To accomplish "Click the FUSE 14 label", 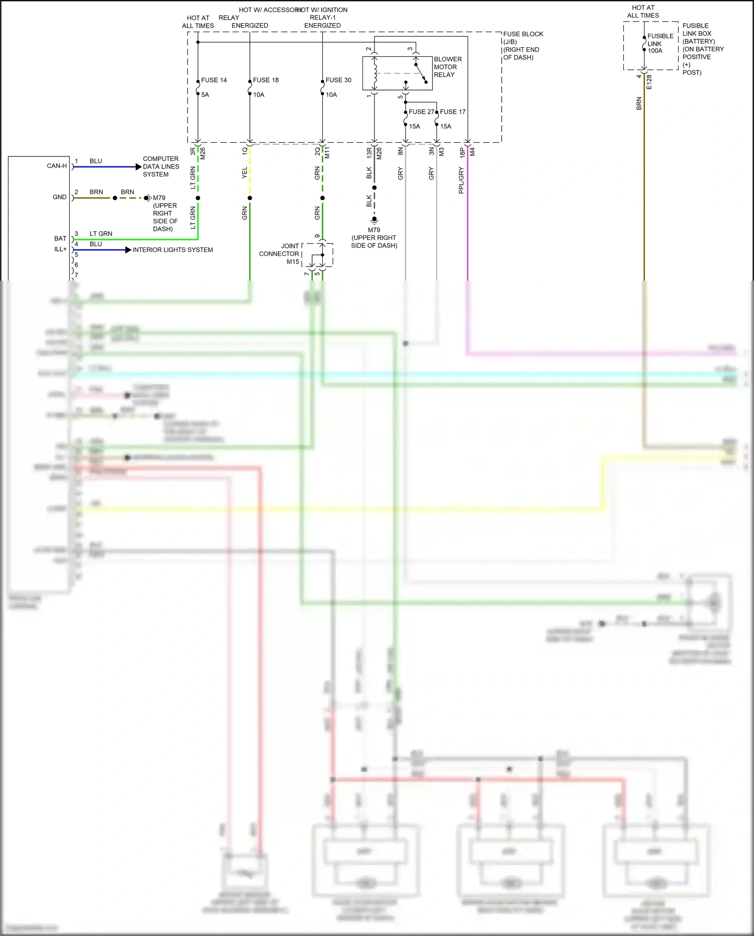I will (x=214, y=80).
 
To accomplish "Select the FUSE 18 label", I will (x=265, y=80).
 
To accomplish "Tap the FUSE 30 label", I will (x=338, y=80).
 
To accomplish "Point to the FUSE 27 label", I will (x=421, y=112).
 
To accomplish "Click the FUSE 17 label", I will (x=452, y=112).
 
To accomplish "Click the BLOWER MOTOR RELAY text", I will (x=447, y=67).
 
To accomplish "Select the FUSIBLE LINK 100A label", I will (x=660, y=43).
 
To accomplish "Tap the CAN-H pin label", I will (x=57, y=166).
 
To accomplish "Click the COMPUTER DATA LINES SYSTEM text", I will (x=161, y=166).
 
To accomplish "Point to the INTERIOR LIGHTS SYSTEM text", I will (x=172, y=250).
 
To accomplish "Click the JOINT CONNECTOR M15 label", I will (x=279, y=253).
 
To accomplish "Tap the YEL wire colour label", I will (x=245, y=173).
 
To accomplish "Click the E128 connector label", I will (x=649, y=82).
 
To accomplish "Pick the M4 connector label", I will (x=473, y=151).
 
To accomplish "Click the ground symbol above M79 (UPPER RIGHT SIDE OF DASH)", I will (x=374, y=220).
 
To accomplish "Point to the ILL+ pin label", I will (x=60, y=249).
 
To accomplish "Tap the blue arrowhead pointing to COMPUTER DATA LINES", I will (x=139, y=166).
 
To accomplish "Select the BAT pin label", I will (x=60, y=238).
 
